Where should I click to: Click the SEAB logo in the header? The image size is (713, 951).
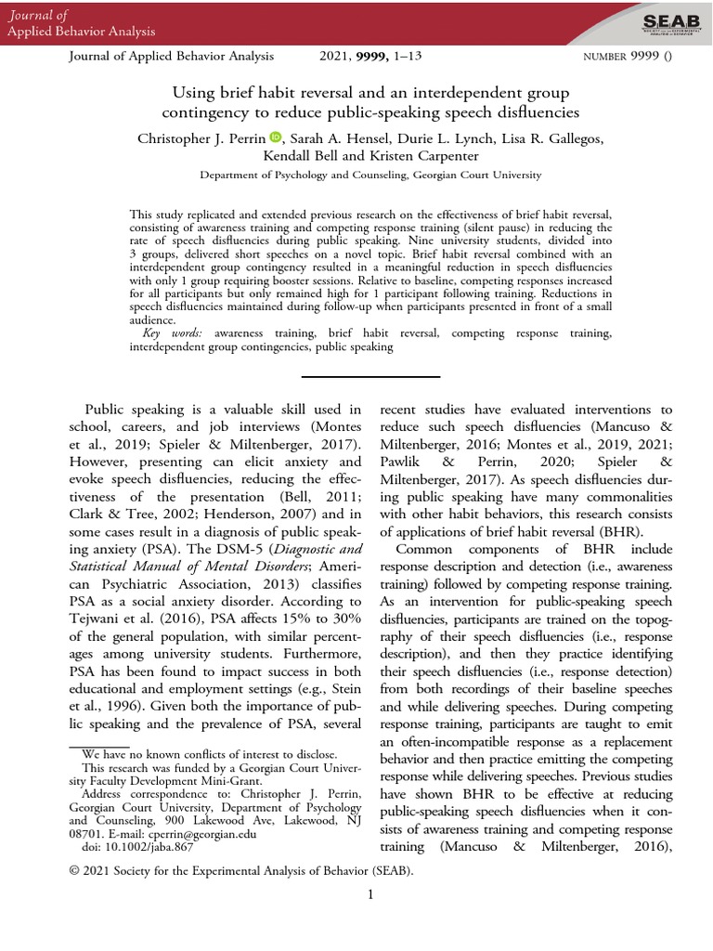666,20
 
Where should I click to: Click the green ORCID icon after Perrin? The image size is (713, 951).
276,138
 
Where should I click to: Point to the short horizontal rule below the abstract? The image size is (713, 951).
356,376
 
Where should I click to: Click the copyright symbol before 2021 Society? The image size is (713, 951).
75,871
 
